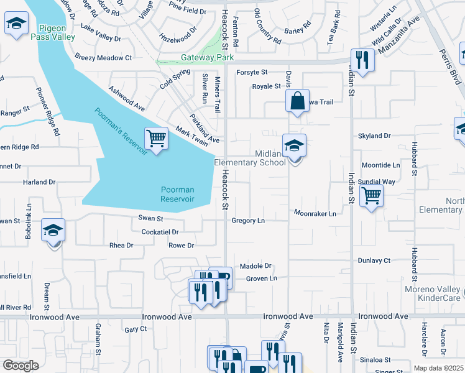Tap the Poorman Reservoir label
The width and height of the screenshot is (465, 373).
tap(177, 195)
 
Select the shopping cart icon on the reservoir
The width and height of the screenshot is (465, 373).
tap(156, 138)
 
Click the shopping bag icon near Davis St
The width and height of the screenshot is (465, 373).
tap(298, 101)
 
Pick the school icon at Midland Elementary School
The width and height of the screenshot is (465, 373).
tap(294, 146)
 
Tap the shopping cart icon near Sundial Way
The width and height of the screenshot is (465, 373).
tap(371, 195)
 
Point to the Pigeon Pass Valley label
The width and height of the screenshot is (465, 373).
tap(57, 32)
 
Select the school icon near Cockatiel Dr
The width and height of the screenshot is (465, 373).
tap(53, 231)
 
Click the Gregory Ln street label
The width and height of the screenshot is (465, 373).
tap(248, 221)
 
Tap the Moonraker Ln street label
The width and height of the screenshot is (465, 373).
tap(315, 214)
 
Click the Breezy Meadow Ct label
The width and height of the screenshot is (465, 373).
tap(103, 58)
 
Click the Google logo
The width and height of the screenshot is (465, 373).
tap(20, 366)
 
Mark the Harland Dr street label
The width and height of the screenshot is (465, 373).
tap(39, 182)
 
